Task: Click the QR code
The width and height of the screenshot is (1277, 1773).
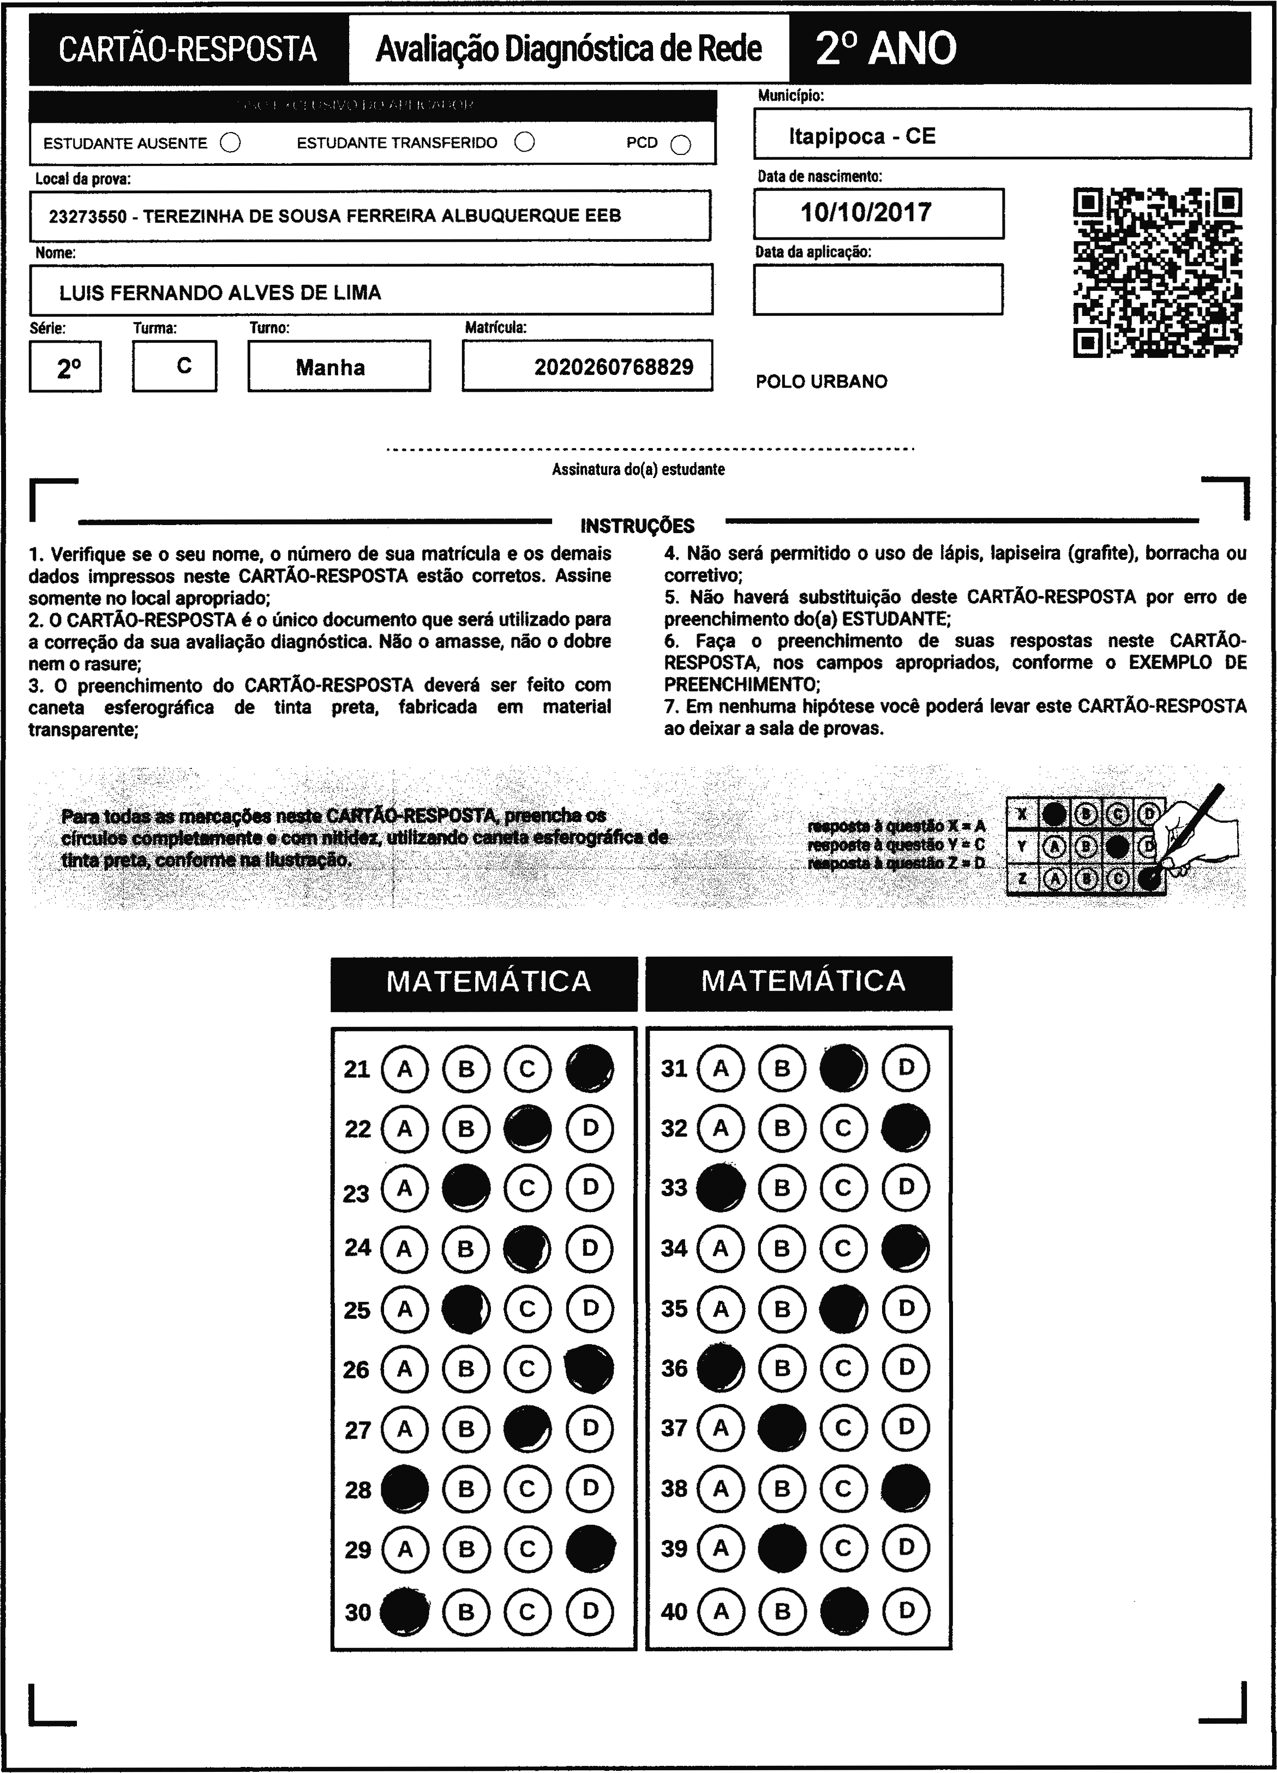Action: coord(1158,272)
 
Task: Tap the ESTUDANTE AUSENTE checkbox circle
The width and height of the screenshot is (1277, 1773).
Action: coord(231,143)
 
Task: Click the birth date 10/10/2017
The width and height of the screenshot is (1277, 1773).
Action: coord(866,213)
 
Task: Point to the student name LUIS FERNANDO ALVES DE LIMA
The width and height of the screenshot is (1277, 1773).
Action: coord(220,293)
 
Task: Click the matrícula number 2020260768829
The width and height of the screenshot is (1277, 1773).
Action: coord(614,367)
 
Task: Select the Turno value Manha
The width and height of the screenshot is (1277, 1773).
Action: coord(330,367)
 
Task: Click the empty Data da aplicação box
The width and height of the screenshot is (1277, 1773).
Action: coord(878,289)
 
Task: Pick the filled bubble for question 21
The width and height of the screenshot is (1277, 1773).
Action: coord(589,1068)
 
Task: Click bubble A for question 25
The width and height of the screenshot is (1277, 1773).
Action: coord(404,1309)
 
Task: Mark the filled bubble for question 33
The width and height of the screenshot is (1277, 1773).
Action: coord(720,1188)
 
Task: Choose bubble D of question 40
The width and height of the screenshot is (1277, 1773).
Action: coord(906,1610)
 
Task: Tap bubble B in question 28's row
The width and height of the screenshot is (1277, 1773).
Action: coord(466,1489)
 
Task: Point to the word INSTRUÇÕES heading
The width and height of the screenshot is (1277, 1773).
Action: coord(637,526)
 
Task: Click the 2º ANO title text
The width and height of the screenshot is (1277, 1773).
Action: coord(885,49)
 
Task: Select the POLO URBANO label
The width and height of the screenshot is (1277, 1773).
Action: coord(822,381)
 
